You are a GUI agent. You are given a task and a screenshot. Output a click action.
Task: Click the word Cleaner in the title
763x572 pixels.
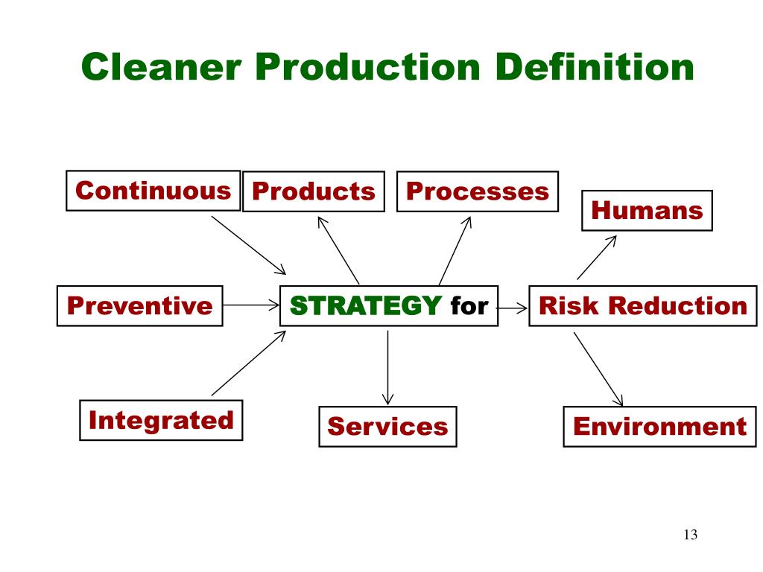(x=162, y=68)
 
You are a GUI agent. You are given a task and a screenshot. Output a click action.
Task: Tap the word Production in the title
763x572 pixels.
(x=367, y=68)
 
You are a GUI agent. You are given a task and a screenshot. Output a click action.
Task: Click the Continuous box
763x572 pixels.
(x=153, y=191)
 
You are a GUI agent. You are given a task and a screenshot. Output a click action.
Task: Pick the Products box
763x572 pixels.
(x=314, y=191)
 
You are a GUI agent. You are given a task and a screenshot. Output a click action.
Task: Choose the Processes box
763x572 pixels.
(x=477, y=191)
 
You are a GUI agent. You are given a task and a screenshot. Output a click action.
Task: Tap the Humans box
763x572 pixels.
(x=647, y=210)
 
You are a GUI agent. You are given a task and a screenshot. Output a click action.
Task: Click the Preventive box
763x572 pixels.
(x=140, y=305)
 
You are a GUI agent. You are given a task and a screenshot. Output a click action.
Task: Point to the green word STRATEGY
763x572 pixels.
(x=365, y=305)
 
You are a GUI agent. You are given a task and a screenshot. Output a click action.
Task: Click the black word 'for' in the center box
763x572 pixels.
(x=469, y=305)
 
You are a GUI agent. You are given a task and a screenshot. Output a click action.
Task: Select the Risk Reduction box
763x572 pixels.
(x=642, y=305)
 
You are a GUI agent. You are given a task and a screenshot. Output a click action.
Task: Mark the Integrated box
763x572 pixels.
(x=161, y=420)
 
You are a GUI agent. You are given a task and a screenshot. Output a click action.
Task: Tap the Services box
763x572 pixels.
(x=387, y=426)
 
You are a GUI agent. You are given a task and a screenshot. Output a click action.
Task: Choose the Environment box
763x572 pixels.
(x=659, y=426)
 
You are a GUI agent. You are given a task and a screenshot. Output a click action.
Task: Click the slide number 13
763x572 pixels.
(x=689, y=535)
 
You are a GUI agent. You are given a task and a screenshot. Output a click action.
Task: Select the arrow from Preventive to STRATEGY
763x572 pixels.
(x=250, y=305)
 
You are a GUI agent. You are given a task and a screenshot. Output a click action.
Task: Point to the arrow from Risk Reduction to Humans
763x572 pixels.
(x=597, y=257)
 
